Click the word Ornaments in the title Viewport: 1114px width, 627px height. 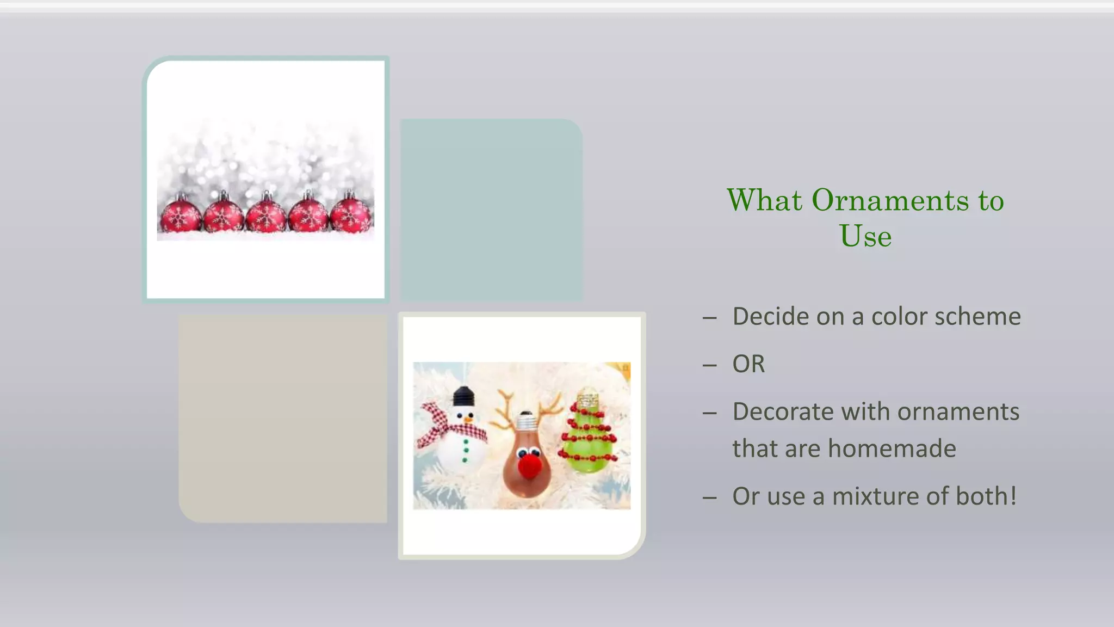pyautogui.click(x=890, y=200)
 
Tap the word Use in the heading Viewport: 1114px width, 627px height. pyautogui.click(x=865, y=236)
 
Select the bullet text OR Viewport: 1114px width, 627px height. pyautogui.click(x=748, y=364)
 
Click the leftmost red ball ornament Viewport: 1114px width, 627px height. pyautogui.click(x=180, y=216)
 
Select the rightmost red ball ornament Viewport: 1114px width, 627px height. pyautogui.click(x=351, y=216)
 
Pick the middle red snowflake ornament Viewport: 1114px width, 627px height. pyautogui.click(x=265, y=216)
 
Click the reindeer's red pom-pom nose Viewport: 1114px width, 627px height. pyautogui.click(x=529, y=466)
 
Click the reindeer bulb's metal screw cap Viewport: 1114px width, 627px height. pyautogui.click(x=526, y=422)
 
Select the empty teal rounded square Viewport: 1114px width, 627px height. pyautogui.click(x=491, y=210)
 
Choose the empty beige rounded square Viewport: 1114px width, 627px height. pyautogui.click(x=283, y=419)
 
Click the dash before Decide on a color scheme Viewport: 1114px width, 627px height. pyautogui.click(x=709, y=317)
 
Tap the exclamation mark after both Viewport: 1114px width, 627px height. pyautogui.click(x=1013, y=496)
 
